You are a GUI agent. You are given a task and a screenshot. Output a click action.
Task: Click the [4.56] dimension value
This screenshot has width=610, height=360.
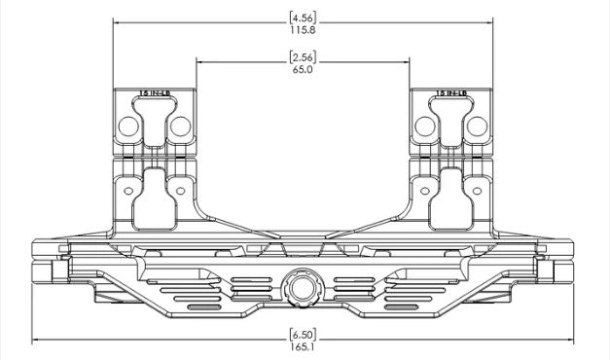303,17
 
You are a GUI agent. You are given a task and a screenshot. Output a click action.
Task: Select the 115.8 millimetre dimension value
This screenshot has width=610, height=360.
303,30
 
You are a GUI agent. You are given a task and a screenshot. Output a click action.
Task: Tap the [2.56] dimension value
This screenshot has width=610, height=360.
303,56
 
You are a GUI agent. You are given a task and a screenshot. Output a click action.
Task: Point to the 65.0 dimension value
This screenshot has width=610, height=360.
303,70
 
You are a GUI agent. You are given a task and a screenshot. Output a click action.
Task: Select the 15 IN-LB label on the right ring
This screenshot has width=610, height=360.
452,93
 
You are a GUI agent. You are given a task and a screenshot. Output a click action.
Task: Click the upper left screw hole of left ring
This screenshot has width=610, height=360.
126,126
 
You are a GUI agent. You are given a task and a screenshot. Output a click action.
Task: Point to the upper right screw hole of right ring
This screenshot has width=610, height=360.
479,126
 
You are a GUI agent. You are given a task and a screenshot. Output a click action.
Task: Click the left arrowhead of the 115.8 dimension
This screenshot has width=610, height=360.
117,23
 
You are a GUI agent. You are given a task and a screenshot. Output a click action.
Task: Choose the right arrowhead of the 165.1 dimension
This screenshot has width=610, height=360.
567,341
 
